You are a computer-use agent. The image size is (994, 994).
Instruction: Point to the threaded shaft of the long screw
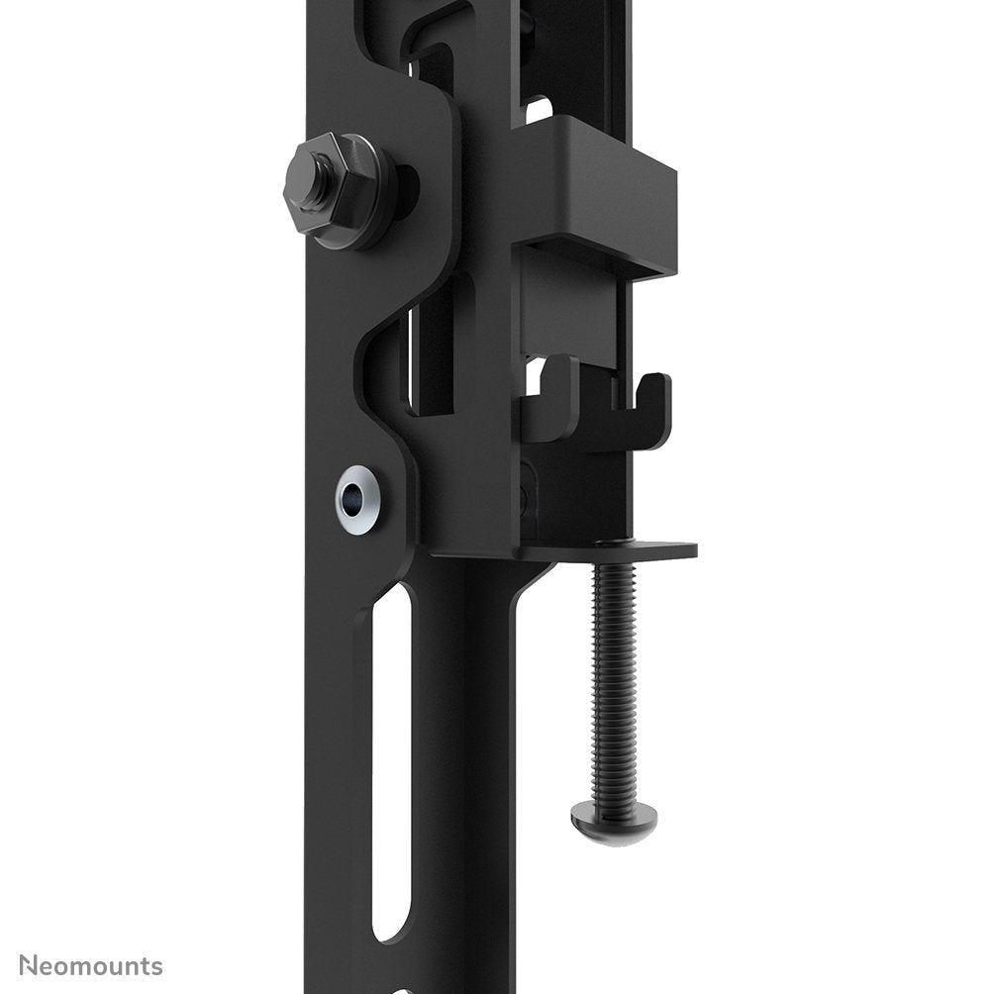[x=615, y=673]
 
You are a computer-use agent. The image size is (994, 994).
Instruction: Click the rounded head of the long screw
[x=615, y=819]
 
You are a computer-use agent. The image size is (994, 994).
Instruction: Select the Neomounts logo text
[x=91, y=966]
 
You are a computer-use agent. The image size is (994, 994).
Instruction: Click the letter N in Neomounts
[x=30, y=966]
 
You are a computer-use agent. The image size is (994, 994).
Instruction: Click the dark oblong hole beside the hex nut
[x=407, y=189]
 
